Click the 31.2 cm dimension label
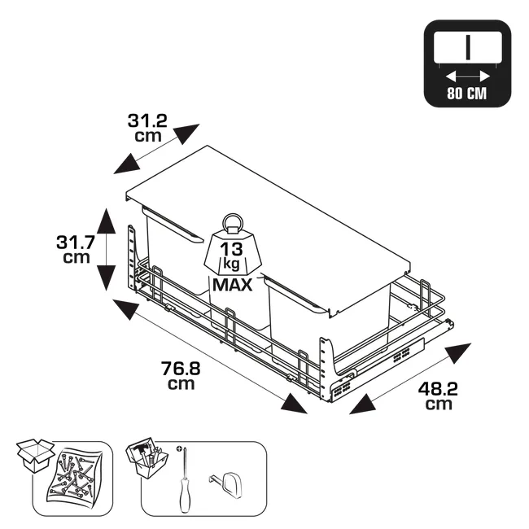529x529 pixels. pyautogui.click(x=147, y=129)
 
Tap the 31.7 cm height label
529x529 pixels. pyautogui.click(x=76, y=249)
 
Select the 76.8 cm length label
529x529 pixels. pyautogui.click(x=181, y=375)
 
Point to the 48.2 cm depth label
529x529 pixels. pyautogui.click(x=438, y=396)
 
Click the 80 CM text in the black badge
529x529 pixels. pyautogui.click(x=467, y=93)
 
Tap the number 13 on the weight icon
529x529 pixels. pyautogui.click(x=231, y=249)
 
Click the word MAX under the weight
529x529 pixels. pyautogui.click(x=233, y=285)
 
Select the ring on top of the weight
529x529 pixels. pyautogui.click(x=232, y=222)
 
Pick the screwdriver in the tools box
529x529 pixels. pyautogui.click(x=184, y=479)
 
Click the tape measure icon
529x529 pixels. pyautogui.click(x=225, y=485)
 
